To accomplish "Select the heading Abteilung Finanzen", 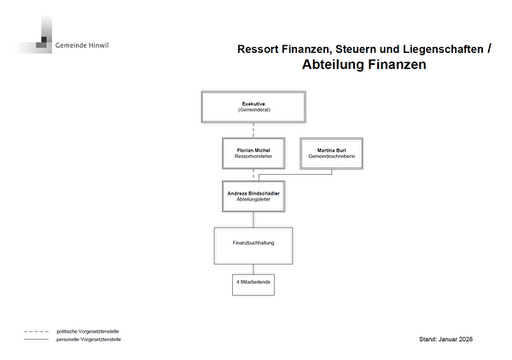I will coord(364,65).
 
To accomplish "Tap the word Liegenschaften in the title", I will coord(442,49).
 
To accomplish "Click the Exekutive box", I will coord(253,107).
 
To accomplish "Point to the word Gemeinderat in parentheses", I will coord(253,111).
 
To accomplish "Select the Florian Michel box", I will coord(253,154).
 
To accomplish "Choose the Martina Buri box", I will coord(331,154).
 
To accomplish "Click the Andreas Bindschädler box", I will coord(253,196).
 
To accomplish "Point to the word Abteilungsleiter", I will coord(253,200).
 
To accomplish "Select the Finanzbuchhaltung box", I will coord(253,244).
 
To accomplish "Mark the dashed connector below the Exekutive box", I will coord(253,130).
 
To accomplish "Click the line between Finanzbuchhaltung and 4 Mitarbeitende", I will coord(253,268).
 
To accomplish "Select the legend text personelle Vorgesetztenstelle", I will coord(89,340).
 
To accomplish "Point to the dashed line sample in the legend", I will coord(35,331).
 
